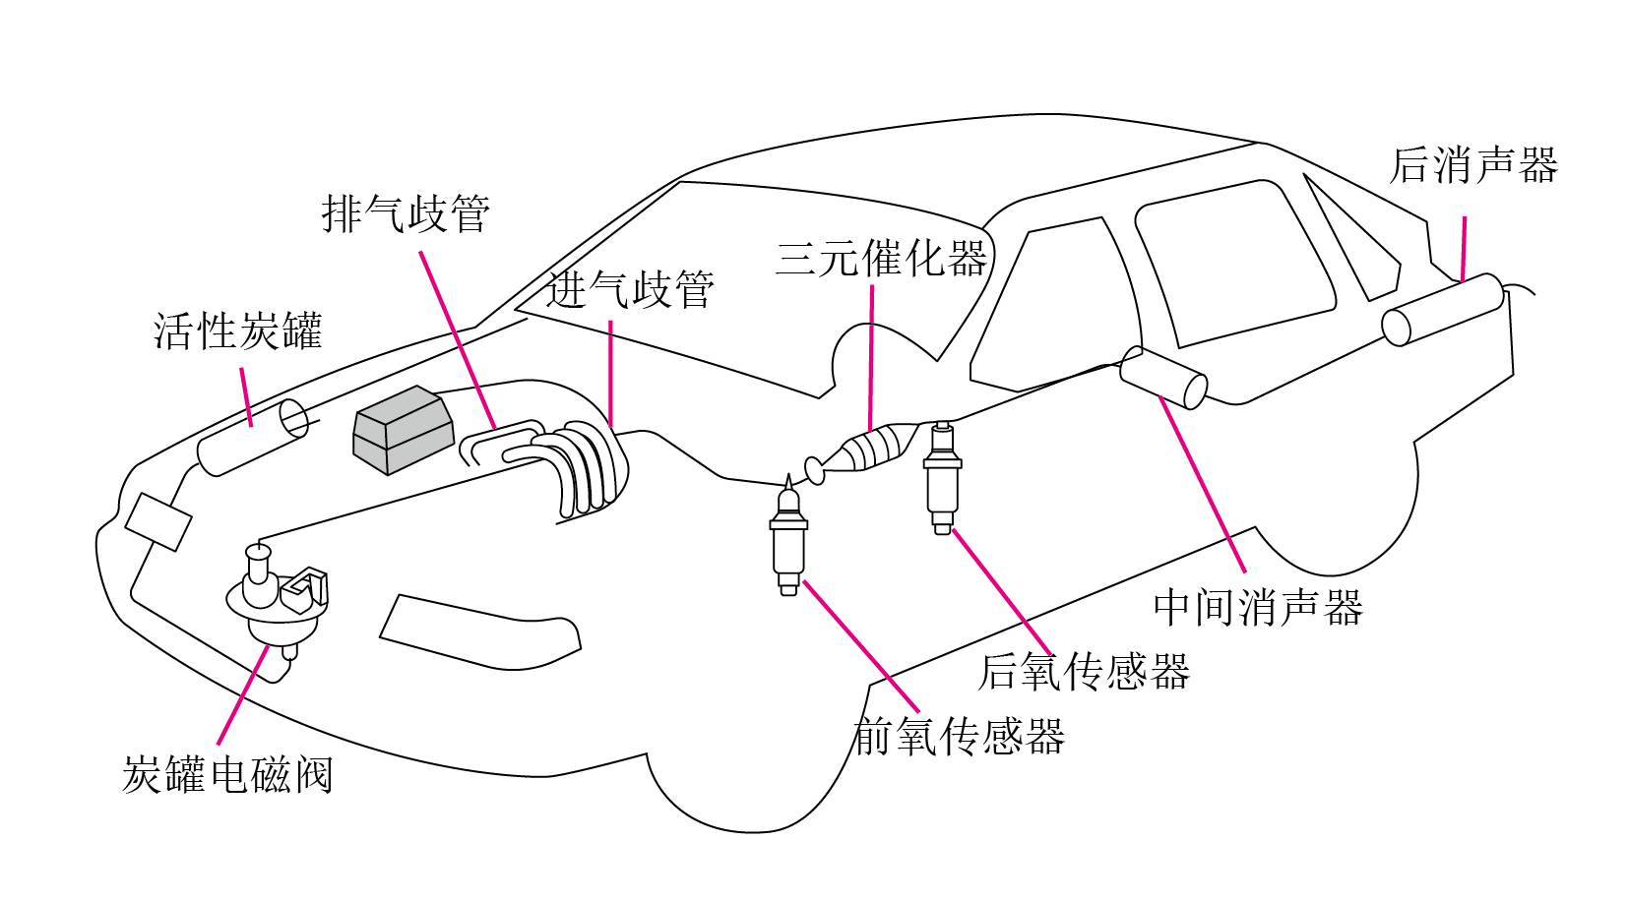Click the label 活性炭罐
pyautogui.click(x=237, y=331)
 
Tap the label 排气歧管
pyautogui.click(x=407, y=213)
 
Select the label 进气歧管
pyautogui.click(x=630, y=290)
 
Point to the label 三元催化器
pyautogui.click(x=882, y=258)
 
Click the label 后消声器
pyautogui.click(x=1473, y=165)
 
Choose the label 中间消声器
pyautogui.click(x=1258, y=607)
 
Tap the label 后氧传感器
pyautogui.click(x=1084, y=671)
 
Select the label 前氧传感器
pyautogui.click(x=960, y=736)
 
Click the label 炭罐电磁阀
pyautogui.click(x=227, y=775)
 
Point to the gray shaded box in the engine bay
pyautogui.click(x=404, y=430)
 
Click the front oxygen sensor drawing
pyautogui.click(x=788, y=536)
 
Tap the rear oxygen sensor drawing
pyautogui.click(x=943, y=477)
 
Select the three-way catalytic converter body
pyautogui.click(x=865, y=450)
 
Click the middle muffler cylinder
pyautogui.click(x=1162, y=377)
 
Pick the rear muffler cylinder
pyautogui.click(x=1443, y=309)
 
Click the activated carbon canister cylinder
pyautogui.click(x=253, y=437)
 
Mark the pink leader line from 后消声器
pyautogui.click(x=1463, y=248)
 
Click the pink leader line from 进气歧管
pyautogui.click(x=610, y=374)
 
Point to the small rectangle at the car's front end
pyautogui.click(x=158, y=521)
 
